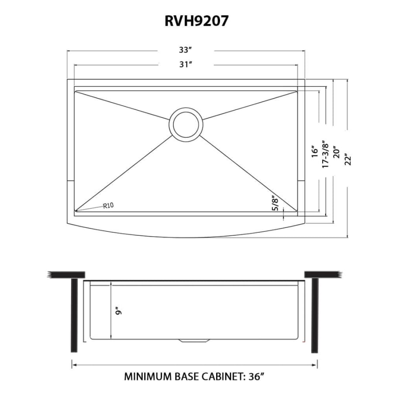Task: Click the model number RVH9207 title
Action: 196,21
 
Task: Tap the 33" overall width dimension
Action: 186,51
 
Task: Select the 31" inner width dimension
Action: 186,65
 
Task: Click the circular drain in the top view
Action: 186,123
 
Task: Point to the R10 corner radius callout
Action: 108,206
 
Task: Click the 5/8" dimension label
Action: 275,203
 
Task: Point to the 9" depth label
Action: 117,311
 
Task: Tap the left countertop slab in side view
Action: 66,274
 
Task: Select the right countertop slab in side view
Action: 321,274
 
